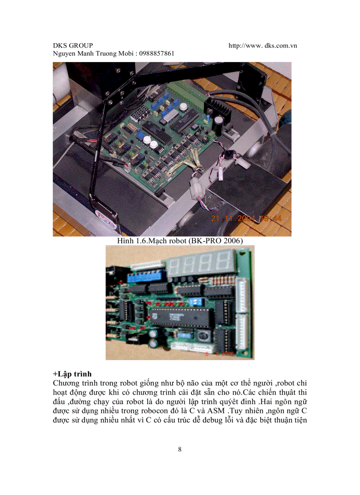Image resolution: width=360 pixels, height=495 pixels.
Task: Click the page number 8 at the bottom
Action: pyautogui.click(x=180, y=450)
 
